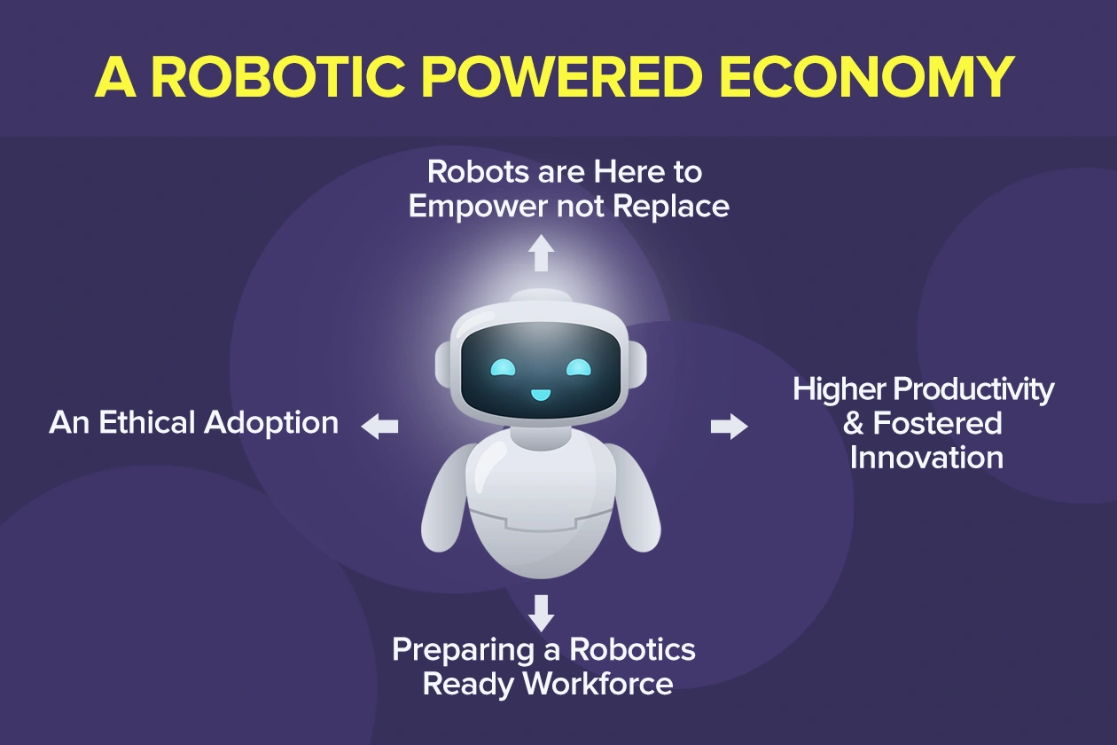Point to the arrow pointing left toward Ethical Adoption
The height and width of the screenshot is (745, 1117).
pos(379,426)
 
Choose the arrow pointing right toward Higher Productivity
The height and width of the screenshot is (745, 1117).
pos(729,427)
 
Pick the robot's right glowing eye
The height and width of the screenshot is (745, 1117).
pos(577,366)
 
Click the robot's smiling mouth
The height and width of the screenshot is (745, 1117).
pos(540,392)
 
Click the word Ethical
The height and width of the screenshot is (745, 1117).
pos(148,422)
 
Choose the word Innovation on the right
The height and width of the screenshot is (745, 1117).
pos(926,458)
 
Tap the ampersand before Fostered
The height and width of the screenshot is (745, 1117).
pos(854,424)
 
